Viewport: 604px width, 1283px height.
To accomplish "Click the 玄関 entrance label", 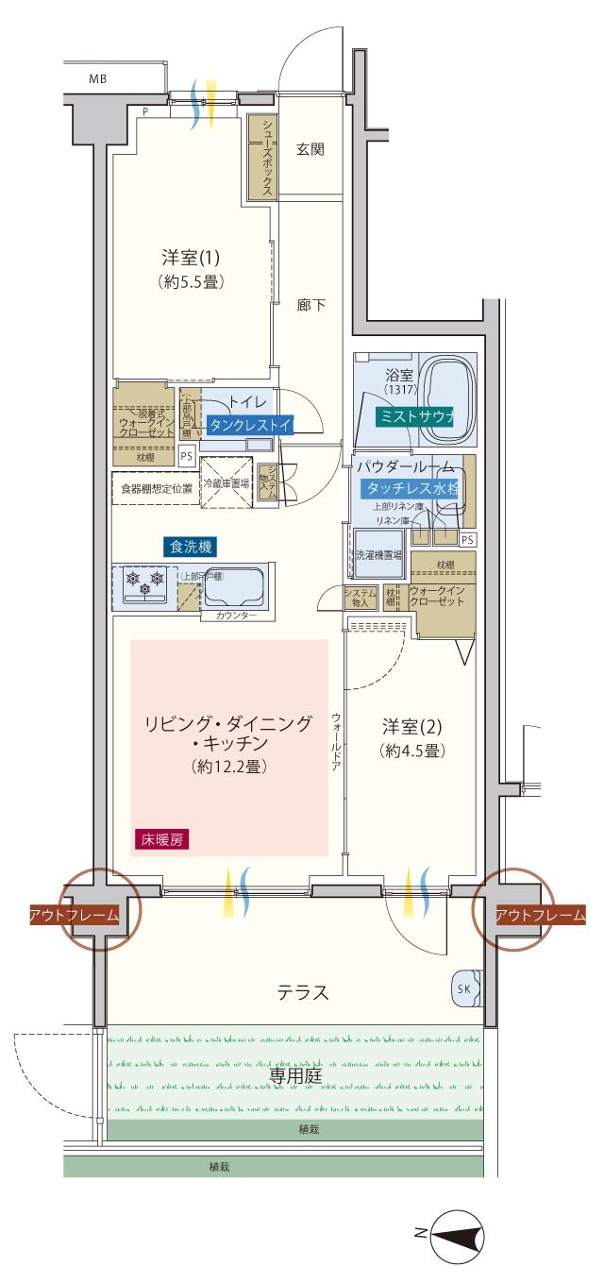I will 310,149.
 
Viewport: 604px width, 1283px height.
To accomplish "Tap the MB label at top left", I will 97,79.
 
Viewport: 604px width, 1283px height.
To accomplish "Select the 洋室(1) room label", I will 191,257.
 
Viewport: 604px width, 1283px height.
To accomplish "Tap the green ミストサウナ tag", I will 415,416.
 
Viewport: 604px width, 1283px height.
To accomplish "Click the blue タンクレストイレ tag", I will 249,425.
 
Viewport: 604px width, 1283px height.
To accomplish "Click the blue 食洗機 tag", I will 191,546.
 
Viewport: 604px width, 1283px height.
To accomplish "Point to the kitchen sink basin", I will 234,588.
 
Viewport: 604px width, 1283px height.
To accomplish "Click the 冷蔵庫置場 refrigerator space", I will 226,483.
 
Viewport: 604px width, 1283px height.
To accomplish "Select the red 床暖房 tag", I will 160,840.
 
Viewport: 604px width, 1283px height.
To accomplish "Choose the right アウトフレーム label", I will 540,914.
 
